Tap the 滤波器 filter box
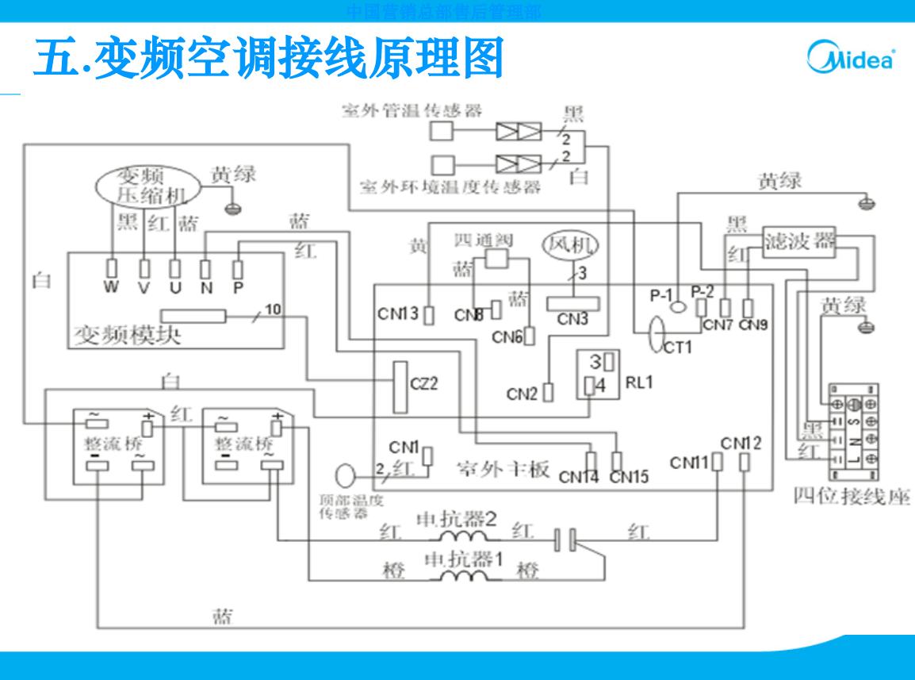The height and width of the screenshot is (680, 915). (x=799, y=240)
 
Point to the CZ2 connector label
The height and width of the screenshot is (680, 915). (x=424, y=384)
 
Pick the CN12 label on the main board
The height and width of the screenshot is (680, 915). (x=741, y=443)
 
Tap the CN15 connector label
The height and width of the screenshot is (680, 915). (x=629, y=478)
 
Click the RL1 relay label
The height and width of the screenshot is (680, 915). (x=637, y=382)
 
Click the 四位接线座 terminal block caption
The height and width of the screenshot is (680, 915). (x=852, y=497)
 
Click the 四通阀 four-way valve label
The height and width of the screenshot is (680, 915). (x=484, y=240)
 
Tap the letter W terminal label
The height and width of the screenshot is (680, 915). (x=113, y=288)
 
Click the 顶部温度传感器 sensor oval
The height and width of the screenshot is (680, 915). (x=347, y=476)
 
